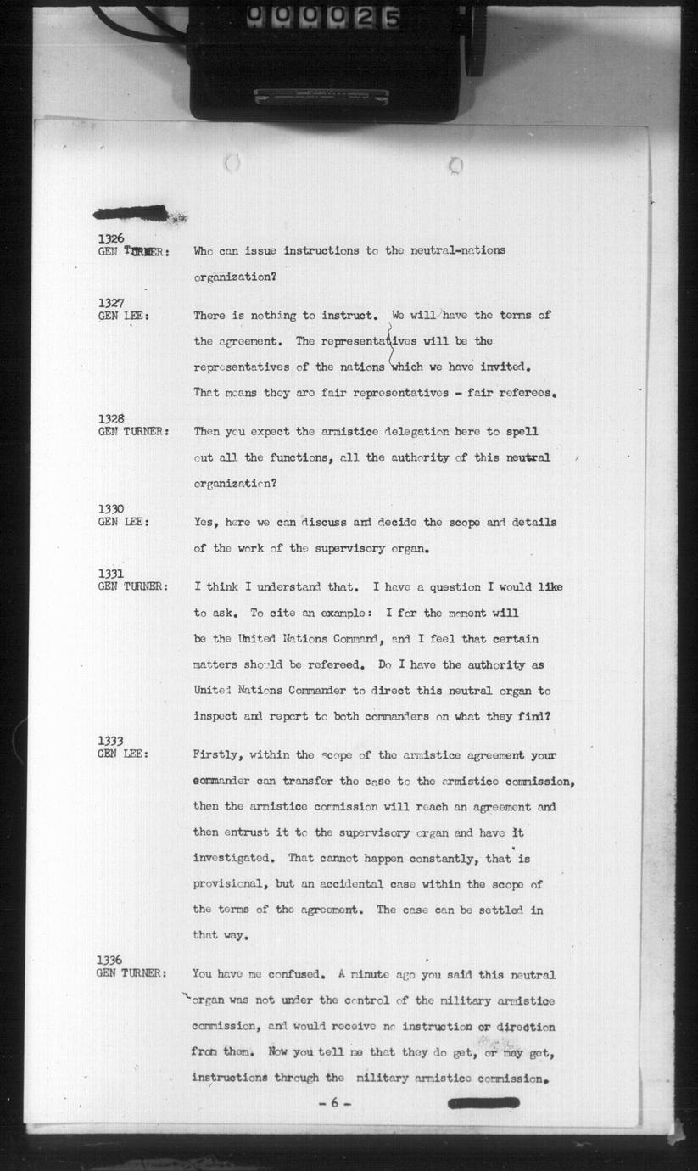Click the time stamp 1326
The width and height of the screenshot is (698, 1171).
[111, 238]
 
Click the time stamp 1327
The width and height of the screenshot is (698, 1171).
[111, 303]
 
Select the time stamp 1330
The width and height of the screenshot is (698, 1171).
[111, 509]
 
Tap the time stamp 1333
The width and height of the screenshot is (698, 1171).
[110, 741]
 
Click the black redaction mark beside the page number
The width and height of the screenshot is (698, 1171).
[483, 1102]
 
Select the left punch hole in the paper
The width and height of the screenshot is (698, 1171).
[232, 162]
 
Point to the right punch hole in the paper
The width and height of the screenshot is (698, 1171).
[455, 164]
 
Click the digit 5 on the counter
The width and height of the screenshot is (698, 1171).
[391, 17]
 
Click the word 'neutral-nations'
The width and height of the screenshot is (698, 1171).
[458, 250]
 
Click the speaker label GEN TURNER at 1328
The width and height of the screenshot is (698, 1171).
[133, 431]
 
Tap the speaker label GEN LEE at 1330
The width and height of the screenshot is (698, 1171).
[123, 522]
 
